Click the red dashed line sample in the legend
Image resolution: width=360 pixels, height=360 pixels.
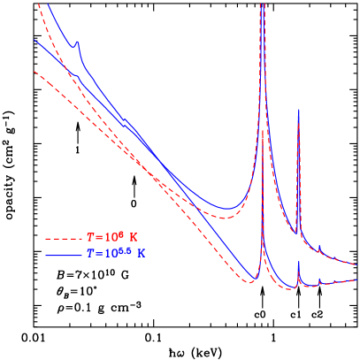click(x=64, y=239)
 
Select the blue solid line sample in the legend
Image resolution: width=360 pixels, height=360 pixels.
click(x=64, y=255)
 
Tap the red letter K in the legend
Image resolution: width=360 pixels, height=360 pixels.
click(x=134, y=238)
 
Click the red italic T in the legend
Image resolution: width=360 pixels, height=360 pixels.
click(x=90, y=238)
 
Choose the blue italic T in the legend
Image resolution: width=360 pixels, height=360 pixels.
click(x=90, y=254)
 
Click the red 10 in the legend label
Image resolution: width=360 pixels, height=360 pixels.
click(x=109, y=238)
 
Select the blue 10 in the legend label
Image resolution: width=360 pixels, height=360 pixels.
click(x=109, y=254)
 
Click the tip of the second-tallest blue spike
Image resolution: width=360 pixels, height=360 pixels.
click(x=299, y=110)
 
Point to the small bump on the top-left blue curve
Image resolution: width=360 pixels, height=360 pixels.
click(x=77, y=42)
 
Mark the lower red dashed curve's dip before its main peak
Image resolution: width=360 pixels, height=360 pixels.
click(x=251, y=282)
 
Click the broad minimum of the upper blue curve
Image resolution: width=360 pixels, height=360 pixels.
click(x=227, y=210)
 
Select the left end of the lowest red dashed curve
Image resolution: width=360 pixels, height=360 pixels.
click(x=34, y=72)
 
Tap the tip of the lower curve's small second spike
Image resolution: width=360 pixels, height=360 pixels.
click(x=299, y=262)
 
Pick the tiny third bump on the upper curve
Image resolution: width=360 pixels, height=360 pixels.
click(x=319, y=248)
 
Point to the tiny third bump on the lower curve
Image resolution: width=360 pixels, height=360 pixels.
click(x=319, y=280)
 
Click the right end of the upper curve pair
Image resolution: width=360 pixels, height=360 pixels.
click(x=356, y=263)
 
